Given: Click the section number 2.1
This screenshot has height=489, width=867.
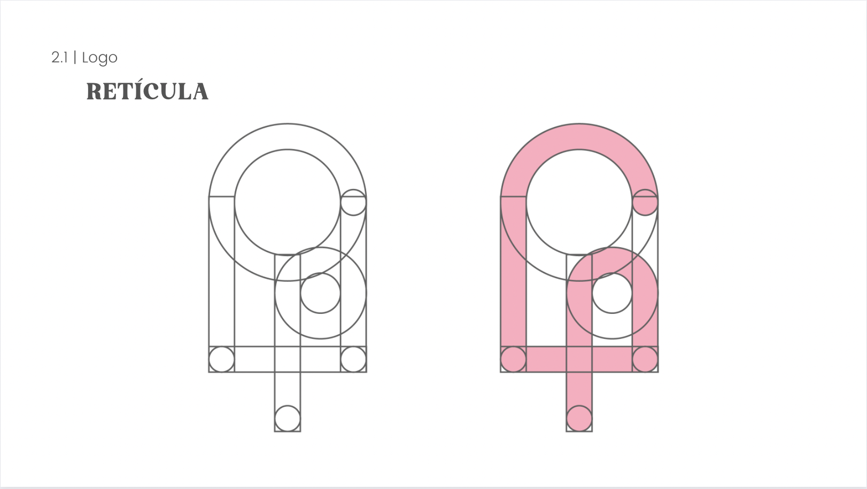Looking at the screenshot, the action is point(60,58).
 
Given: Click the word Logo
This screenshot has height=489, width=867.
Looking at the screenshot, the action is point(99,58).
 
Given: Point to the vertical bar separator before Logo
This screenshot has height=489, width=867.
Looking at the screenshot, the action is point(75,58).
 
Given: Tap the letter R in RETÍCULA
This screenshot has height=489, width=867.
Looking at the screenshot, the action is point(95,92).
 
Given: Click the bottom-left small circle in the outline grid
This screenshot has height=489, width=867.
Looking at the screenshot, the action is point(222,359).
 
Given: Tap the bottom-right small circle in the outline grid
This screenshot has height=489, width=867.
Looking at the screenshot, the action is point(353,359).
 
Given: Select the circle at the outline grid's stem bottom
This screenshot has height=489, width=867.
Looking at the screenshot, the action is point(288,419).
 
